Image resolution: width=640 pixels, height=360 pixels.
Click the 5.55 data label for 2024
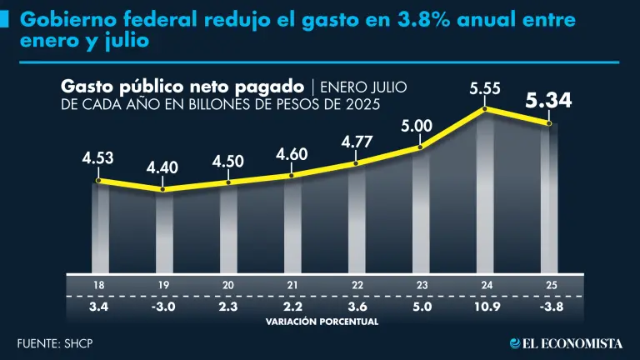pos(485,88)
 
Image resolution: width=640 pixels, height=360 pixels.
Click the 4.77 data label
pos(356,143)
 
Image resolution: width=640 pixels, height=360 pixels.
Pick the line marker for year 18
pos(98,181)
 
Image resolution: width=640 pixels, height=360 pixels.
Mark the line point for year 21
pos(292,175)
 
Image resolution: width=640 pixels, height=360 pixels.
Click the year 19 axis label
pos(162,286)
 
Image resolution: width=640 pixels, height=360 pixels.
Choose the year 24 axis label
pos(485,286)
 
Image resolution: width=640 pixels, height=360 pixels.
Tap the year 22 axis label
pos(356,286)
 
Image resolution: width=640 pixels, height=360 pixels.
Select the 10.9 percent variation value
pos(485,306)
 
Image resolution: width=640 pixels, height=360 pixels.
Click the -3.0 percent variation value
pos(162,306)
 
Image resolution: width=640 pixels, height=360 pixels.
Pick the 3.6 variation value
pos(356,306)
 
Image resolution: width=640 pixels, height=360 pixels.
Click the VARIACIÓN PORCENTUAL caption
pos(321,321)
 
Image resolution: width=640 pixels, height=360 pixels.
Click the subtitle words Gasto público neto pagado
pos(181,87)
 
